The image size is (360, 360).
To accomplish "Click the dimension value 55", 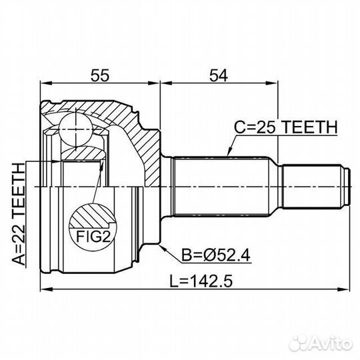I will [99, 76].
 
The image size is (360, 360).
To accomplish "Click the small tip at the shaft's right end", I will [347, 185].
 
